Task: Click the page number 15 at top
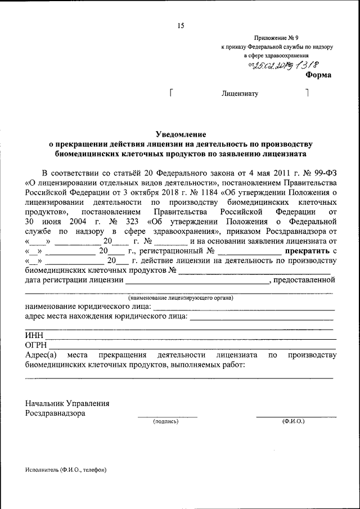point(181,25)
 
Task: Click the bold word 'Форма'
point(318,75)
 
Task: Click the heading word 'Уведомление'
point(181,134)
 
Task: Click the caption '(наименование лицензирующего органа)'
point(180,297)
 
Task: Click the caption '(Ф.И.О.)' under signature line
point(294,421)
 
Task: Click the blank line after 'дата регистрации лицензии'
point(197,281)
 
